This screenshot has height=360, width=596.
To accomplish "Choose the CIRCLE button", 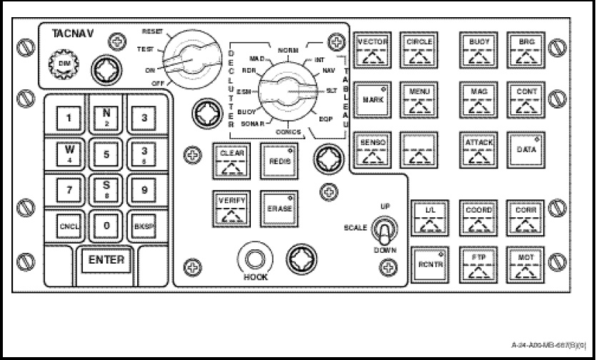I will pyautogui.click(x=419, y=50).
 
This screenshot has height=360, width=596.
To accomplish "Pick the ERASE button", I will pyautogui.click(x=278, y=209).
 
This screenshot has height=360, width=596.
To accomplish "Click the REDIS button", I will pyautogui.click(x=278, y=160).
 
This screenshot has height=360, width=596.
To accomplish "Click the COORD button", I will pyautogui.click(x=479, y=216).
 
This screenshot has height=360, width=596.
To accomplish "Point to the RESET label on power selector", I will pyautogui.click(x=152, y=33).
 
